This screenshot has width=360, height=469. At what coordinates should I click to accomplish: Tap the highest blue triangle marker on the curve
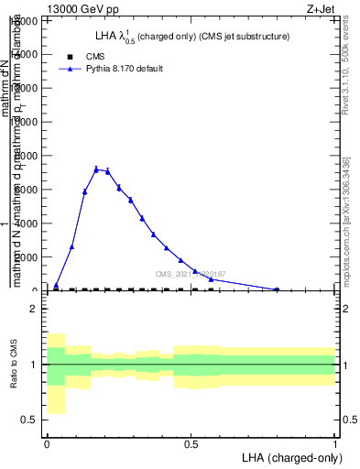click(x=96, y=169)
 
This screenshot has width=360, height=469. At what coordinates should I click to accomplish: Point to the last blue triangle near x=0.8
click(x=277, y=289)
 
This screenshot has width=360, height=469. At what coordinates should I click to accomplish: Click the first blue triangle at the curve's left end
click(x=56, y=286)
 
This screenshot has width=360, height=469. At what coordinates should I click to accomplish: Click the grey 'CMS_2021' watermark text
click(x=191, y=274)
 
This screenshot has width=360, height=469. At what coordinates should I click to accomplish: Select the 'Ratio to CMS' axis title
click(x=14, y=365)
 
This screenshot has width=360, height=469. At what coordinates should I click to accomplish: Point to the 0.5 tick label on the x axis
click(x=191, y=443)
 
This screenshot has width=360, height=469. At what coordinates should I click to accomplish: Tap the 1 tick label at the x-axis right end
click(x=335, y=443)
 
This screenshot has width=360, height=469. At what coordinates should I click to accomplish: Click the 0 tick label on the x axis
click(x=47, y=443)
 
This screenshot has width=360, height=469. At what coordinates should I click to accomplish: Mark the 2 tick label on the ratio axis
click(x=33, y=309)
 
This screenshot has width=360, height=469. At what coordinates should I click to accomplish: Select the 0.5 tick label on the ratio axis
click(x=29, y=420)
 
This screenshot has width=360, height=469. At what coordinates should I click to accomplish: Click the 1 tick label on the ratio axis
click(x=33, y=365)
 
